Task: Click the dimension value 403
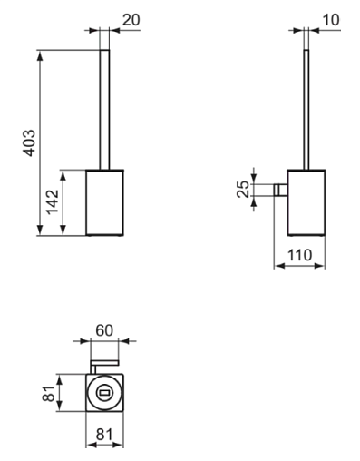click(30, 142)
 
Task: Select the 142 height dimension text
click(53, 201)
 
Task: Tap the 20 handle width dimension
click(131, 20)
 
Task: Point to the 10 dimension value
click(331, 20)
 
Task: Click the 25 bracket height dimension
click(243, 190)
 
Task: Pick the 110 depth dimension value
click(299, 255)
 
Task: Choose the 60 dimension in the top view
click(104, 330)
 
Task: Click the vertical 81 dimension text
click(48, 394)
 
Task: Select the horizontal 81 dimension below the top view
click(104, 435)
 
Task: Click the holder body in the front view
click(104, 202)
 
